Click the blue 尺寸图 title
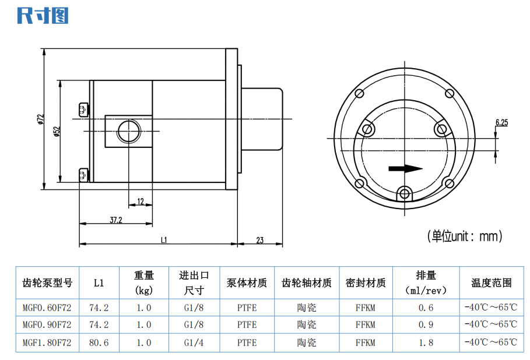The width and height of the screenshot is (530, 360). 43,16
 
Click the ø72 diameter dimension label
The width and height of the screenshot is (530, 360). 41,119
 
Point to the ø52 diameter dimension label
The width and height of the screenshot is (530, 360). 57,132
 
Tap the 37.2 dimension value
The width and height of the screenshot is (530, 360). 116,220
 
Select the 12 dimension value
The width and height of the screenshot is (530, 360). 141,202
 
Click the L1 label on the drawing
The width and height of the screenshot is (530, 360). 164,240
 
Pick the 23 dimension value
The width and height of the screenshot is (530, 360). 259,240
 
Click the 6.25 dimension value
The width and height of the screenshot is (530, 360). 501,122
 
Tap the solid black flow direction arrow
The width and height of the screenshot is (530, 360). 406,168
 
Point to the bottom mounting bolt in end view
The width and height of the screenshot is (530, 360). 404,194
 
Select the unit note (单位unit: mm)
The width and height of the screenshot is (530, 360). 465,236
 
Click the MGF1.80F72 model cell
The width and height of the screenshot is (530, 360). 47,343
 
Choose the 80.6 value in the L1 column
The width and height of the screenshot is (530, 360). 99,343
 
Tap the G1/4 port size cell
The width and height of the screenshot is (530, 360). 194,343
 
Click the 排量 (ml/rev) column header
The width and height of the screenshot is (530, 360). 426,283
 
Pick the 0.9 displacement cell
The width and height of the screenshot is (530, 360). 426,324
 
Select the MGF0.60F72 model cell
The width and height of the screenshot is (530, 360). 47,308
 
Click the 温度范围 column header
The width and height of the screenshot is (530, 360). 492,283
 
